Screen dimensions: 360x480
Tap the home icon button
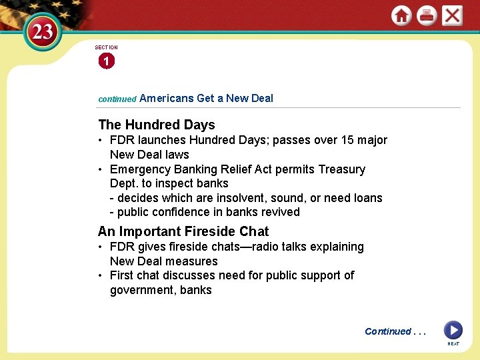pos(401,15)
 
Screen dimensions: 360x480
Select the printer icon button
pos(427,15)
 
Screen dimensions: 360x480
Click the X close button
pos(452,15)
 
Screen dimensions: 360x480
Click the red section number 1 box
pos(106,61)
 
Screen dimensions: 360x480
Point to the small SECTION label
pos(106,47)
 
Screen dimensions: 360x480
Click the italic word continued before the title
pos(117,99)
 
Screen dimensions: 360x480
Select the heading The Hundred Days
pos(156,125)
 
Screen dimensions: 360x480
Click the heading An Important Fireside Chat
pos(183,231)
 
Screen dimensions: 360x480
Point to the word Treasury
pos(340,169)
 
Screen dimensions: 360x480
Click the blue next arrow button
pos(453,330)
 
